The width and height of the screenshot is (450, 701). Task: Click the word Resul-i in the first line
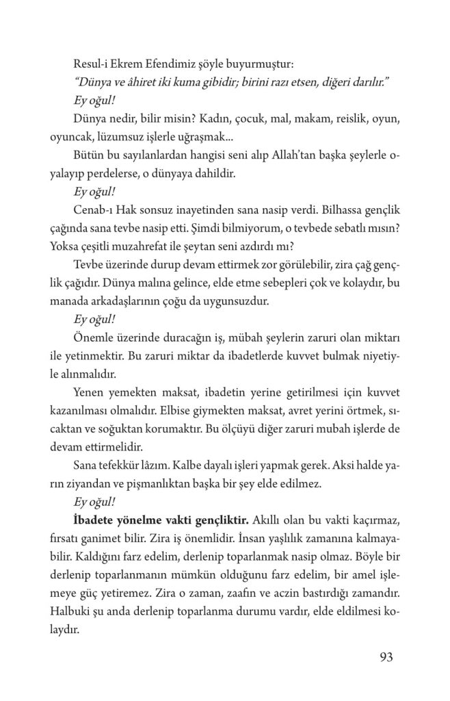point(92,64)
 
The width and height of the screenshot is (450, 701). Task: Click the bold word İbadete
point(94,518)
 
